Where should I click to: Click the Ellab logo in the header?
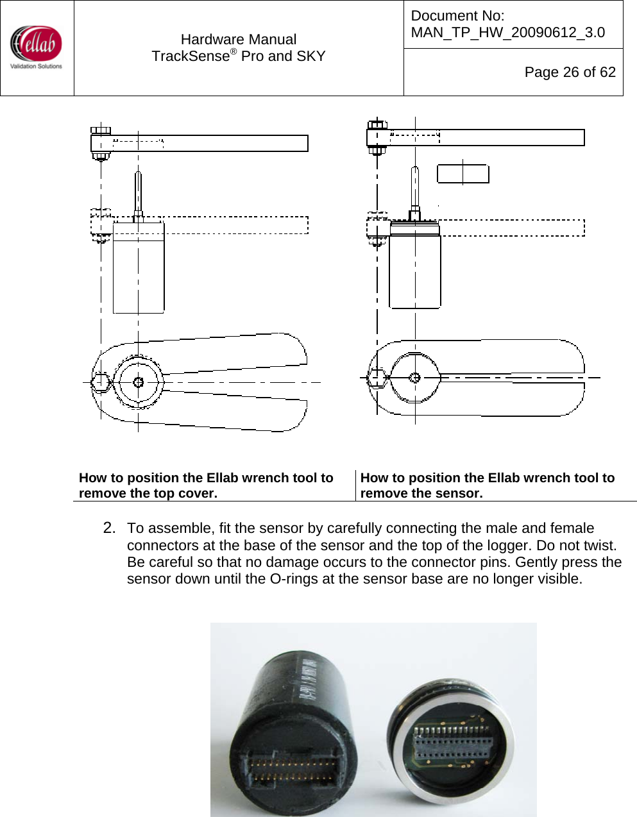pyautogui.click(x=37, y=47)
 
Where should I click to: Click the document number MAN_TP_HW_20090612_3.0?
pyautogui.click(x=507, y=33)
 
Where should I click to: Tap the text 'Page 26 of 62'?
pyautogui.click(x=570, y=72)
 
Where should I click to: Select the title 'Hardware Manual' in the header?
pyautogui.click(x=238, y=40)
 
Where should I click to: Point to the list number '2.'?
pyautogui.click(x=109, y=528)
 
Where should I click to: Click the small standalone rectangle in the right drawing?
pyautogui.click(x=463, y=174)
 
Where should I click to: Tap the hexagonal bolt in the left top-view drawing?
pyautogui.click(x=101, y=383)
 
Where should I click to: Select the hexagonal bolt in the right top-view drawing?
pyautogui.click(x=377, y=378)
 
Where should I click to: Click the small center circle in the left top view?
pyautogui.click(x=138, y=383)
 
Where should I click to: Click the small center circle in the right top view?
pyautogui.click(x=414, y=378)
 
